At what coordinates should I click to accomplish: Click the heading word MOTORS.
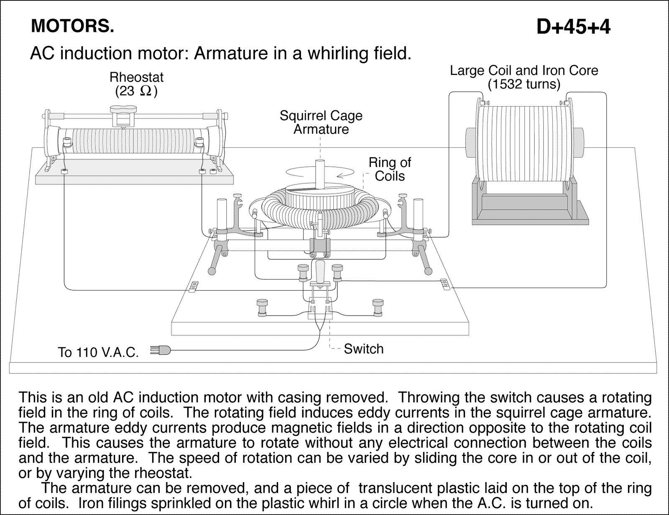(72, 27)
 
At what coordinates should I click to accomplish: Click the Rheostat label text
(136, 77)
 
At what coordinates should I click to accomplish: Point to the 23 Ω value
(136, 91)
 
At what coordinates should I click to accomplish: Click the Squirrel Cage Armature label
(321, 122)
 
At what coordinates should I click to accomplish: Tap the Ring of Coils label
(390, 169)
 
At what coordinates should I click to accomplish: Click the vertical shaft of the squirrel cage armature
(320, 174)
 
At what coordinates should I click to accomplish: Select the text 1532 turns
(523, 85)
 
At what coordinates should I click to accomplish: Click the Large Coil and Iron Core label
(523, 71)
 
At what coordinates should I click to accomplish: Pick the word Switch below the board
(363, 349)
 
